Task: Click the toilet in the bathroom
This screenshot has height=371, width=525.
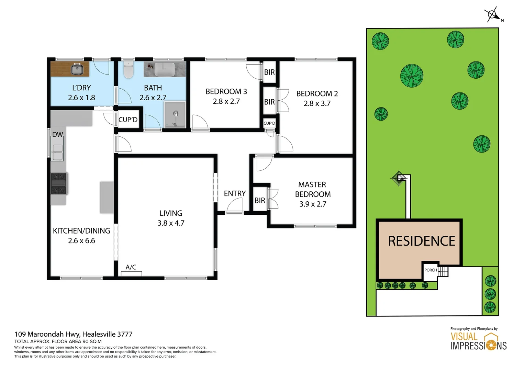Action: tap(128, 69)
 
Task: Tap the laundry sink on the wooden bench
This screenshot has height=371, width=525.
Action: tap(77, 69)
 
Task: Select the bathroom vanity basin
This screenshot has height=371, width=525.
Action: tap(165, 69)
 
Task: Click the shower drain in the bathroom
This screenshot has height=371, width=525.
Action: tap(176, 114)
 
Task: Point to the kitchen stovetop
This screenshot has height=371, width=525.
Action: tap(59, 183)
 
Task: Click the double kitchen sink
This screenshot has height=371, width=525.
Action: tap(57, 152)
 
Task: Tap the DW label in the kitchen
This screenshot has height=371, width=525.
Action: tap(58, 135)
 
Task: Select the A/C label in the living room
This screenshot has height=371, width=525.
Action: tap(131, 267)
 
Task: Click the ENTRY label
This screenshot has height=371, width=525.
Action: tap(235, 193)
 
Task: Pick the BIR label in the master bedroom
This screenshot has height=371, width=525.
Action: tap(260, 200)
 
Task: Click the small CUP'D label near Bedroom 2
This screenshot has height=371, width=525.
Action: tap(269, 123)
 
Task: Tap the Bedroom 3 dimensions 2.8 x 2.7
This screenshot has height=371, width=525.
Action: tap(226, 101)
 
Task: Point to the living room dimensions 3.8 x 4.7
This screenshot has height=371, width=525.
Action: tap(171, 223)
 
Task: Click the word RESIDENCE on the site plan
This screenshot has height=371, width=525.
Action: tap(421, 241)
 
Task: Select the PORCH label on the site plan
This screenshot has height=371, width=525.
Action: tap(431, 270)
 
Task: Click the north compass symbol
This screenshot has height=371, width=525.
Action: tap(493, 15)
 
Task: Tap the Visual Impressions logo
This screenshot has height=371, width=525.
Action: tap(478, 341)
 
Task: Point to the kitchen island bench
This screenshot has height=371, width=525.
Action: tap(107, 197)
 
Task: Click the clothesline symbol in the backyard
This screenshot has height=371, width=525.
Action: tap(399, 178)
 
